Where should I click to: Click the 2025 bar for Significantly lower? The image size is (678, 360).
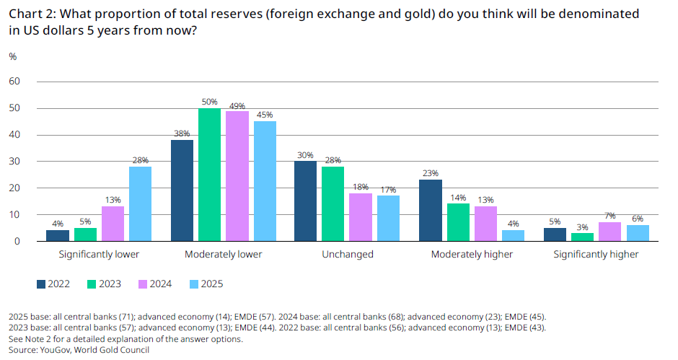coord(141,204)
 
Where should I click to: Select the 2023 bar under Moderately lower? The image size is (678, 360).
coord(210,175)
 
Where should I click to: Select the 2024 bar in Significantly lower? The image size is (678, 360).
coord(113,224)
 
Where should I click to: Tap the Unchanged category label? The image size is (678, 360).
coord(348,255)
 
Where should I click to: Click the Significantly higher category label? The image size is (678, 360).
coord(595,255)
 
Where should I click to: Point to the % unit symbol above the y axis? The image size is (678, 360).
coord(12,56)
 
